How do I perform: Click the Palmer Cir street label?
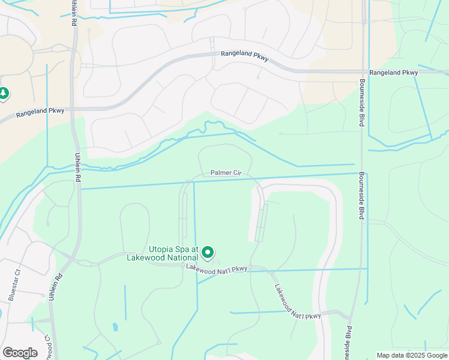(x=226, y=173)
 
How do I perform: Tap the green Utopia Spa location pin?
(x=208, y=253)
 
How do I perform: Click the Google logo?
(x=20, y=353)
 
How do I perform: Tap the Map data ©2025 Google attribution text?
(x=412, y=355)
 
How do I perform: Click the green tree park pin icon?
(x=4, y=94)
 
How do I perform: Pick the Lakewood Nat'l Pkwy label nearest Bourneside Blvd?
(x=298, y=302)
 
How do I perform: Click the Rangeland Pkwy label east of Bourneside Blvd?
(x=393, y=73)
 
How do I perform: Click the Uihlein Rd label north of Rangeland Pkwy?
(x=74, y=12)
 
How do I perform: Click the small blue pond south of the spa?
(x=115, y=327)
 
